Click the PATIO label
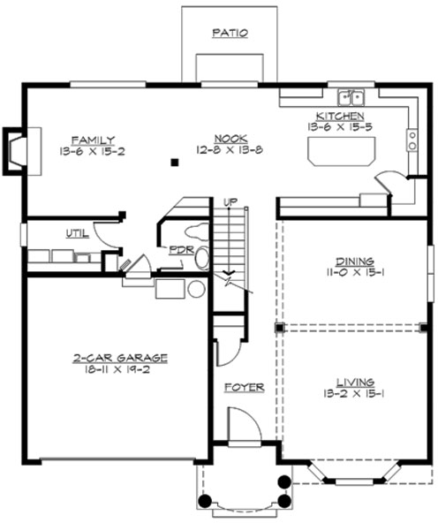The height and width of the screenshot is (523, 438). (230, 34)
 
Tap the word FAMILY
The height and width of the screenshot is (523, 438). (93, 140)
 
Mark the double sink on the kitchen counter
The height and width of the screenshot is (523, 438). (351, 96)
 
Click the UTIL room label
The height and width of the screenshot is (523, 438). (76, 233)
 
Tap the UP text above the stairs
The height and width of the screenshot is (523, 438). (230, 201)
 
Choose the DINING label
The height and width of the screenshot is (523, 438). (354, 261)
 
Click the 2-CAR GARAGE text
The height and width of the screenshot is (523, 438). (120, 358)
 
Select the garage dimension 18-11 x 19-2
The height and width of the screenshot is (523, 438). (120, 369)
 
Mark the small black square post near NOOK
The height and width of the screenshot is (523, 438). (176, 162)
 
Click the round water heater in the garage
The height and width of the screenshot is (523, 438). (196, 289)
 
